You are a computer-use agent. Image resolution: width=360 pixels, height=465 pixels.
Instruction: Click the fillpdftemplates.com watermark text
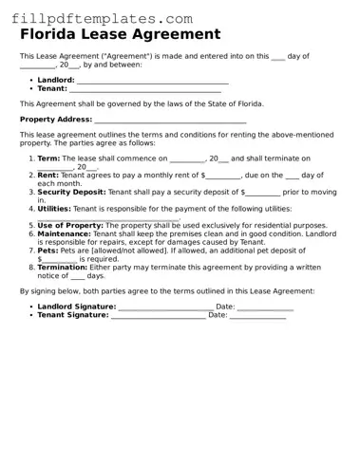(x=98, y=18)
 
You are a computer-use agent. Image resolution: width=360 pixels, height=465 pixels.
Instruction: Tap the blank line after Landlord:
(x=152, y=82)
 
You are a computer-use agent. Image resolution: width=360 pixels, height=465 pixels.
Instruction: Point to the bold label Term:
(x=48, y=158)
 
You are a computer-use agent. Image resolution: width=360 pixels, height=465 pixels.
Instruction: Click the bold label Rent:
(x=48, y=176)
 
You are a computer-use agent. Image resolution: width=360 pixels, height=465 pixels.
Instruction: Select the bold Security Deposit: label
(x=71, y=192)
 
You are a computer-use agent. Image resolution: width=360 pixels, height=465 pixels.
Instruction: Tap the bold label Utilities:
(x=54, y=208)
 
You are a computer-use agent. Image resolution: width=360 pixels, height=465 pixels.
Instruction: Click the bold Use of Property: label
(x=69, y=225)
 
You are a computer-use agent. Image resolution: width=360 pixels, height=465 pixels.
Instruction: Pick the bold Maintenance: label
(x=64, y=233)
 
